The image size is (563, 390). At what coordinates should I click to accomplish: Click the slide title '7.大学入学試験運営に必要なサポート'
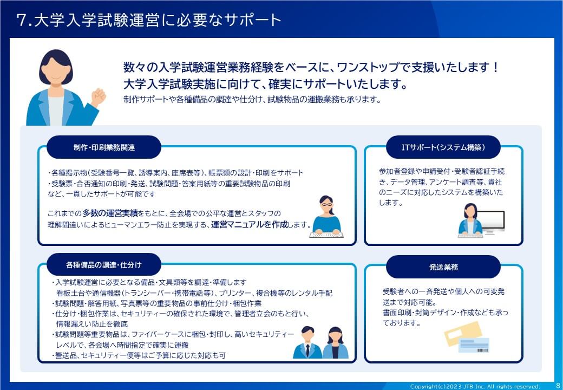click(149, 20)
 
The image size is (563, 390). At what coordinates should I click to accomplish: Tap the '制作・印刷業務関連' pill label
click(104, 147)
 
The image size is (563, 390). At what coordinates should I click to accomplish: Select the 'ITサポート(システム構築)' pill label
click(443, 147)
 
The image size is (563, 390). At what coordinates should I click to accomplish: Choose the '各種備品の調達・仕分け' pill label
click(104, 265)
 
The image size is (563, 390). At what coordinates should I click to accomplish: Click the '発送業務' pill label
click(443, 267)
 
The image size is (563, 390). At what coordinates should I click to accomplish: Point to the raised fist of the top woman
click(98, 96)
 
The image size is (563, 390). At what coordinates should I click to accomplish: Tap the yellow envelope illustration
click(462, 333)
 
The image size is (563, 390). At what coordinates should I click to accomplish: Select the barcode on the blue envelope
click(482, 349)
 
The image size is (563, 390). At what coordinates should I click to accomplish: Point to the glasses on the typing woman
click(326, 204)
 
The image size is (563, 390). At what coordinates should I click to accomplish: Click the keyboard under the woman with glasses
click(326, 235)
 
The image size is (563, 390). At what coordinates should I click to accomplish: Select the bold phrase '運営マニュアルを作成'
click(250, 225)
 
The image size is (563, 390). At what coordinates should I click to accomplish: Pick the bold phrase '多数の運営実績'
click(110, 213)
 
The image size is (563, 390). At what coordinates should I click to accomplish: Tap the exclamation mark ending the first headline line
click(495, 67)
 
